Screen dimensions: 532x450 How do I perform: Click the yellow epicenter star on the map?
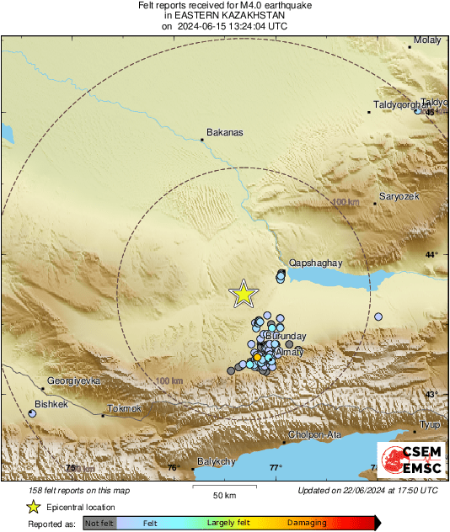pos(244,294)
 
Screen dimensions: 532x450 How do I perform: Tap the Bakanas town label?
pos(224,132)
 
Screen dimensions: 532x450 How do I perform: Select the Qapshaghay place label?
pos(316,263)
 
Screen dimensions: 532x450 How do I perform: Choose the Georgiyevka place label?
pos(74,380)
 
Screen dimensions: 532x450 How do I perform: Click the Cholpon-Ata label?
pos(314,434)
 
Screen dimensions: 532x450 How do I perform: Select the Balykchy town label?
pos(214,461)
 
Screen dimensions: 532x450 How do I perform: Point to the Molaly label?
pos(427,40)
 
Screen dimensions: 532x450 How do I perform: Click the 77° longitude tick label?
pos(276,468)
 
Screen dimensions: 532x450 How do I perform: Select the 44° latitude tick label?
pos(431,254)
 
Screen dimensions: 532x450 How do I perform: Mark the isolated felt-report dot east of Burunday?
pos(378,317)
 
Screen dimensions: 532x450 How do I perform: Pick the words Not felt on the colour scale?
pos(99,523)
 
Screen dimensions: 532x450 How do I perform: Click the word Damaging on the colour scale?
pos(307,523)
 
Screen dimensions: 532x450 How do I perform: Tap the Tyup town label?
pos(431,425)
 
